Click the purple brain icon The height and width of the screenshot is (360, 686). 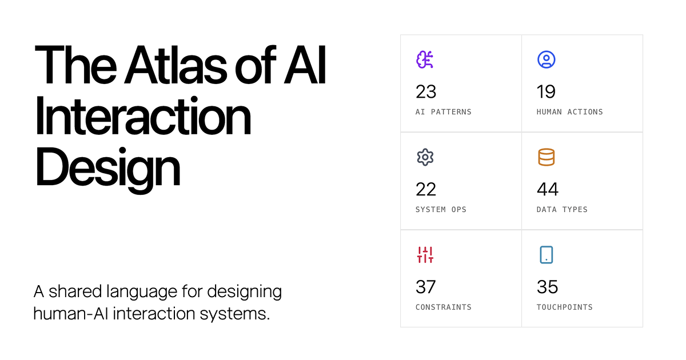tap(425, 59)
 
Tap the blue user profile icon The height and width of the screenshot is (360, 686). tap(546, 59)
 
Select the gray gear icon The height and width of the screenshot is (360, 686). tap(425, 157)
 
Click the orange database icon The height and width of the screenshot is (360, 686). tap(546, 157)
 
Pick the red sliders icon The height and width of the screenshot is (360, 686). tap(425, 255)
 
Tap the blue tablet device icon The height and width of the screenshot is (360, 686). tap(546, 255)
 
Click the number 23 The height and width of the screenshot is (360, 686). tap(426, 91)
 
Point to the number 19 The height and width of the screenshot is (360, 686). tap(546, 91)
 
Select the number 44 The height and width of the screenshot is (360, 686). tap(548, 189)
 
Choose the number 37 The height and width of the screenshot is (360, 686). tap(426, 287)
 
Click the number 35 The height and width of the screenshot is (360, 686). tap(548, 287)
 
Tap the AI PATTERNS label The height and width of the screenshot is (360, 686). tap(444, 112)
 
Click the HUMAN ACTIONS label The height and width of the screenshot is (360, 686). tap(569, 112)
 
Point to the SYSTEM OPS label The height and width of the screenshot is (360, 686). tap(441, 210)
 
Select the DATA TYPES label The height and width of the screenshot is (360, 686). tap(562, 210)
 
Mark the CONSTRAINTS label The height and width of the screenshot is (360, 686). tap(444, 307)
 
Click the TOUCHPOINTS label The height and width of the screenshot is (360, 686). tap(564, 307)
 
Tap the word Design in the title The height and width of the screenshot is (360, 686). tap(107, 167)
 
